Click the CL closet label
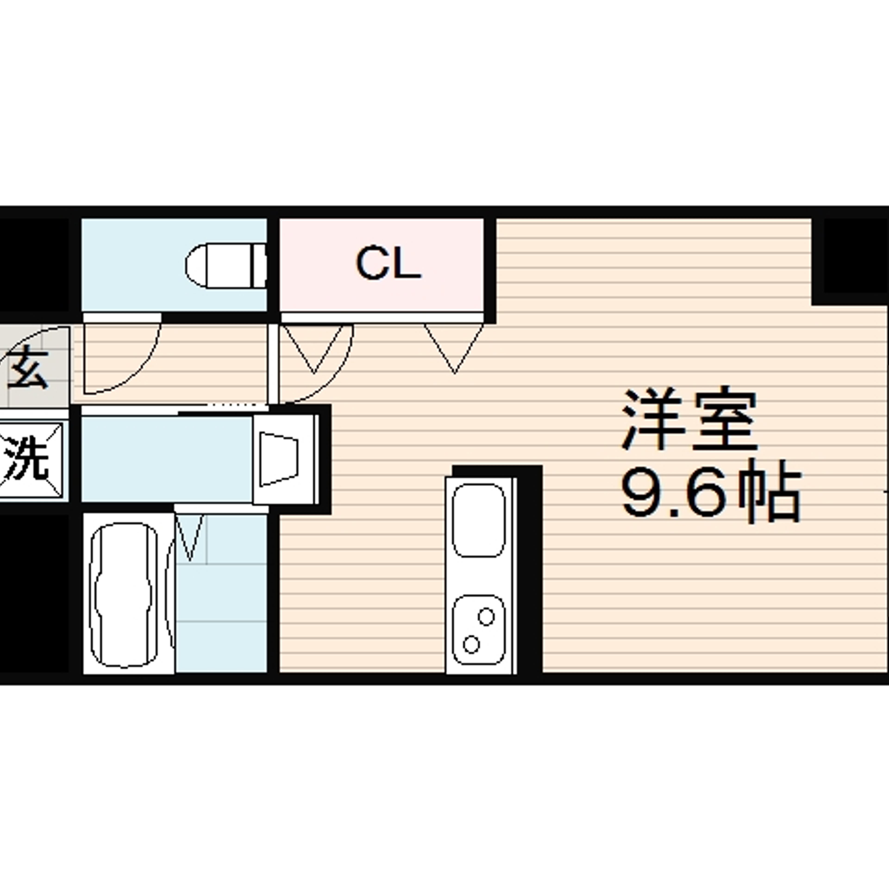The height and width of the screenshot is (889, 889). tap(388, 263)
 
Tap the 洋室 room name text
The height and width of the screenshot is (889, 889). tap(689, 420)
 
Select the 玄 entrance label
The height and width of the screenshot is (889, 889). tap(28, 367)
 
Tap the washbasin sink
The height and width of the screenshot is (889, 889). tap(285, 459)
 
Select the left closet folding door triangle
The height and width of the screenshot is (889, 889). tap(314, 348)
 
